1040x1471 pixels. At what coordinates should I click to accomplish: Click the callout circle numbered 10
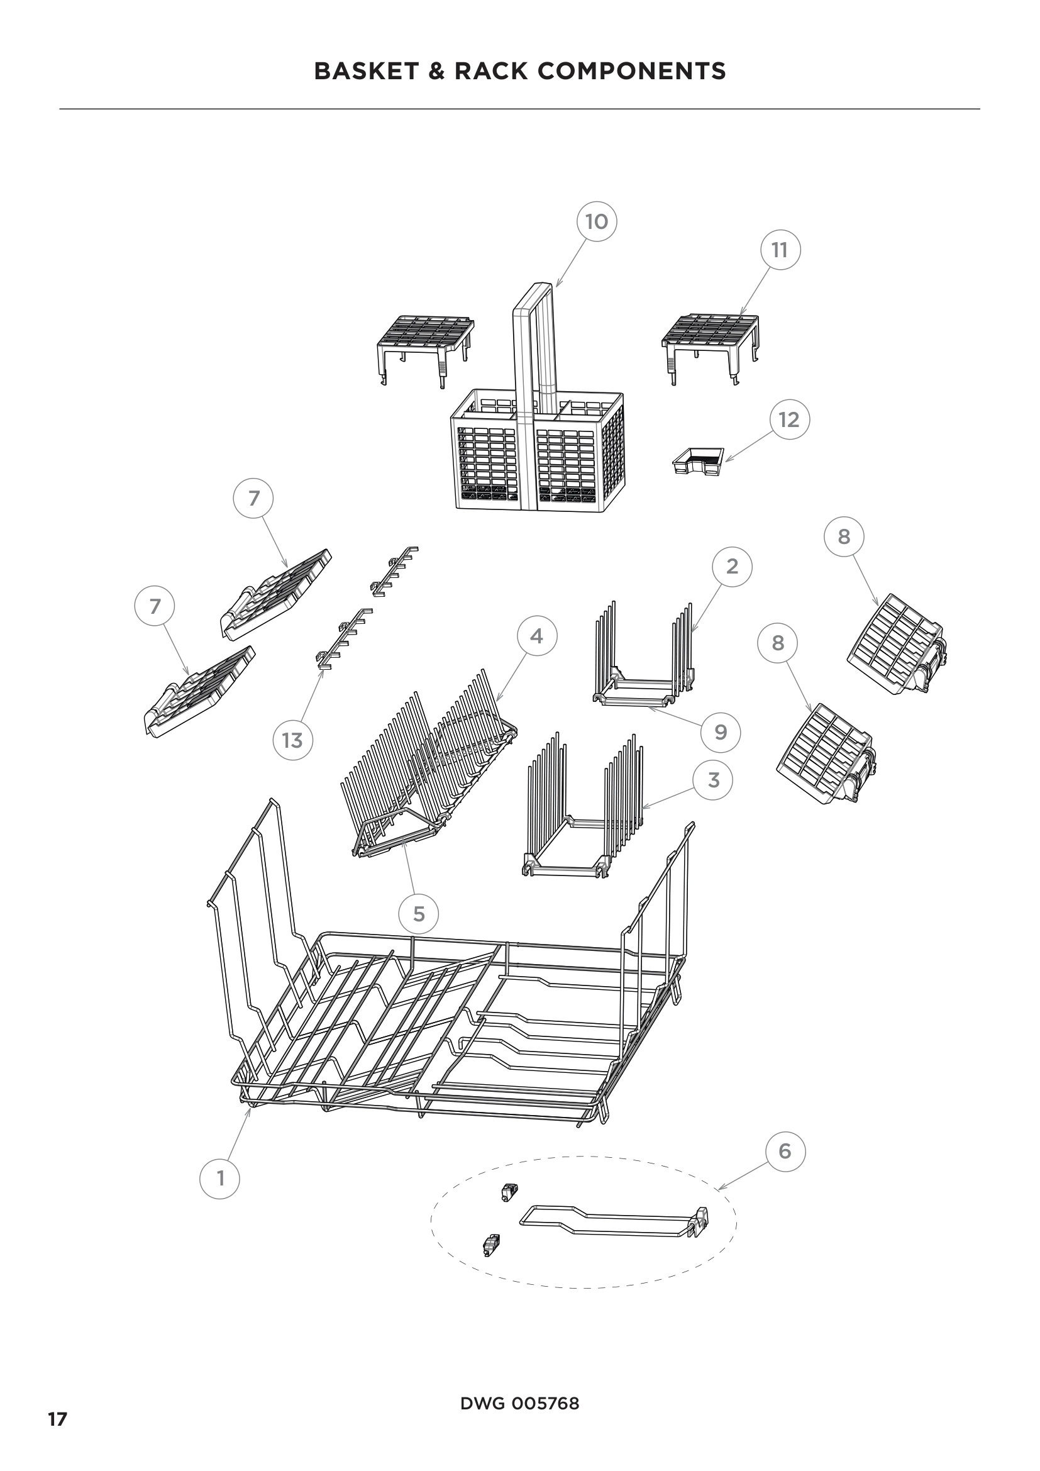pyautogui.click(x=596, y=221)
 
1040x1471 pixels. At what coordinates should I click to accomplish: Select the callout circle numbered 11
pyautogui.click(x=779, y=250)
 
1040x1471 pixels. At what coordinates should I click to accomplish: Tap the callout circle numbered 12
pyautogui.click(x=789, y=419)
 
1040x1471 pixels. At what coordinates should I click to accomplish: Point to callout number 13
pyautogui.click(x=292, y=741)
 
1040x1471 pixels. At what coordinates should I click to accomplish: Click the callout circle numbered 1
pyautogui.click(x=220, y=1178)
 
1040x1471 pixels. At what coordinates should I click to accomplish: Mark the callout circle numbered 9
pyautogui.click(x=721, y=732)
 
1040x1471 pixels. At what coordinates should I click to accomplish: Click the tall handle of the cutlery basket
pyautogui.click(x=533, y=358)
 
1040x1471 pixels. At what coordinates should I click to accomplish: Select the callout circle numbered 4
pyautogui.click(x=536, y=636)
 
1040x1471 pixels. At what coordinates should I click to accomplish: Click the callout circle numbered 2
pyautogui.click(x=732, y=567)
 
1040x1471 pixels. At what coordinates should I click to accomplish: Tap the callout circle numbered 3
pyautogui.click(x=714, y=780)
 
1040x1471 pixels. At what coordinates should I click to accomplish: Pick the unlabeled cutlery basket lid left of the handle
pyautogui.click(x=424, y=343)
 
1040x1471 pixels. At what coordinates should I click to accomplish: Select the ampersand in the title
pyautogui.click(x=436, y=71)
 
